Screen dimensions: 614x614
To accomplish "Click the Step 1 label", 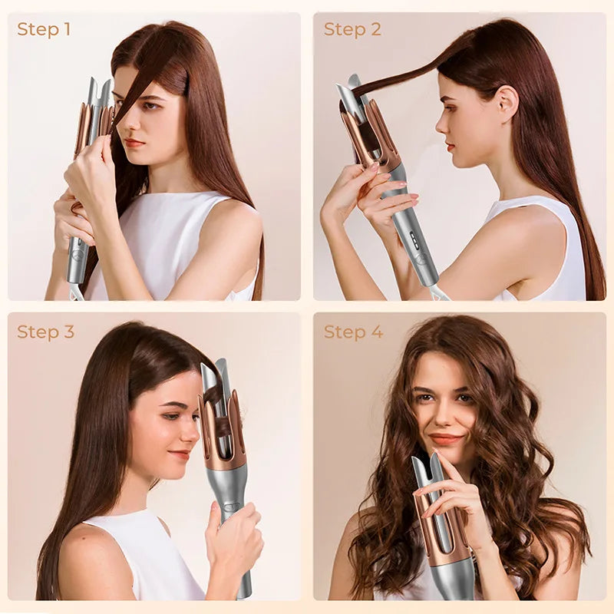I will click(x=44, y=29).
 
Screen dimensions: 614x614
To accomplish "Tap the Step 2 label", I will click(x=352, y=29).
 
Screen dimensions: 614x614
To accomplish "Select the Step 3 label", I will click(x=45, y=332).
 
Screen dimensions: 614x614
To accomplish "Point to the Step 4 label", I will click(x=353, y=332).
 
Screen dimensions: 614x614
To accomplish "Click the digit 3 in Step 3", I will click(x=69, y=332).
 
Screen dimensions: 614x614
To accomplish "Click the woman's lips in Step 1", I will click(x=134, y=143).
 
